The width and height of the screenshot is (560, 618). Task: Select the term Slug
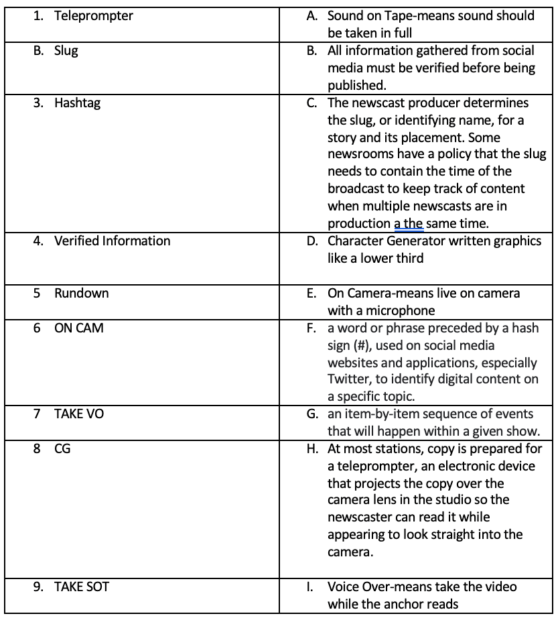click(x=66, y=51)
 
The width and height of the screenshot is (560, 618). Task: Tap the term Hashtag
click(x=77, y=103)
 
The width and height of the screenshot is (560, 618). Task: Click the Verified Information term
click(x=112, y=240)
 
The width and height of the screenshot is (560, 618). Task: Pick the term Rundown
click(x=81, y=293)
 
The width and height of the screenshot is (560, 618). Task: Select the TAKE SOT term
click(x=82, y=586)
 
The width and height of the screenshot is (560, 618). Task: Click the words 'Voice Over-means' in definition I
click(x=376, y=586)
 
